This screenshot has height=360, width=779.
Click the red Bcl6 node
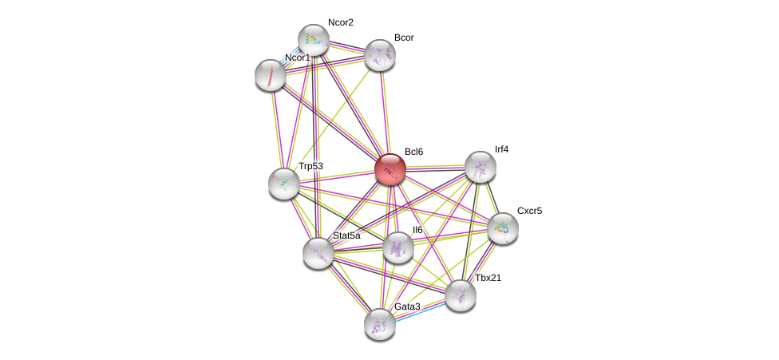(390, 169)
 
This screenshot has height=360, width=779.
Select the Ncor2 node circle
(314, 40)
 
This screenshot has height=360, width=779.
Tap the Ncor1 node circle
(271, 75)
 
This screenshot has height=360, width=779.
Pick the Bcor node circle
(380, 55)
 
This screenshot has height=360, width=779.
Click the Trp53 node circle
(284, 184)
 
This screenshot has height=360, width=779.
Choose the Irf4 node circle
(480, 167)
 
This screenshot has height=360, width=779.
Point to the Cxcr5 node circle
(503, 228)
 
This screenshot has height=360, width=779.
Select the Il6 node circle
(398, 247)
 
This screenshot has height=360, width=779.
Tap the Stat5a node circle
(318, 253)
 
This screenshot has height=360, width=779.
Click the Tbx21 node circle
(461, 295)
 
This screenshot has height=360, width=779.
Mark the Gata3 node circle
(380, 324)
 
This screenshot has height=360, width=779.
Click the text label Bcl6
(413, 152)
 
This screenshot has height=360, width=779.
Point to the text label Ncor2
(340, 22)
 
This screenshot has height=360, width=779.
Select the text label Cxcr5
(529, 211)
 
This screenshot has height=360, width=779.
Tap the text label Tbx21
(488, 278)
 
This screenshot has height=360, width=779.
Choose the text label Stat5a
(346, 235)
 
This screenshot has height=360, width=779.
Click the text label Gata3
(407, 307)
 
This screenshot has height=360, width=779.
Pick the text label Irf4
(501, 149)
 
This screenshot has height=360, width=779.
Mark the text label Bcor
(404, 38)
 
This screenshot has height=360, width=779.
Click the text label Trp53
(310, 166)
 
